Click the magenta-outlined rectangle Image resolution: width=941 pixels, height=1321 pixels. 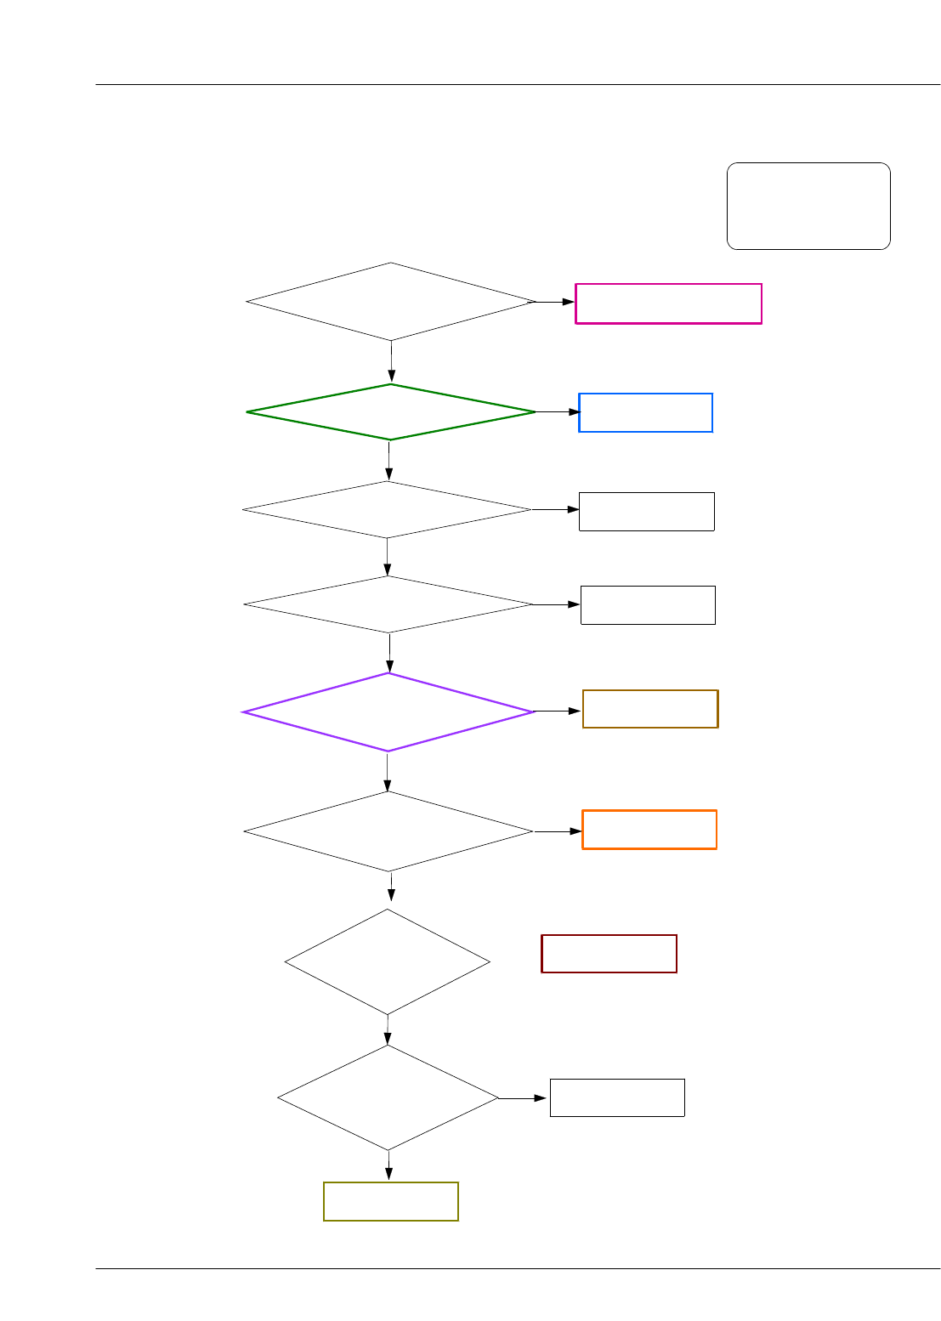coord(668,303)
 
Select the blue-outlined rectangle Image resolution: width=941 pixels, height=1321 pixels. coord(645,412)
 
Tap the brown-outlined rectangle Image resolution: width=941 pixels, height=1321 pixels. coord(650,709)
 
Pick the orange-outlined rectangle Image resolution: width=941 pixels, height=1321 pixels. coord(649,830)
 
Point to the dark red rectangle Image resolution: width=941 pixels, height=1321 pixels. coord(609,954)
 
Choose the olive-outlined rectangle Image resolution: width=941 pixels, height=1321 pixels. coord(391,1201)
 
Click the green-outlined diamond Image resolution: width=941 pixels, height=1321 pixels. coord(391,412)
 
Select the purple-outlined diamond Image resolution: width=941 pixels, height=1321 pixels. coord(388,712)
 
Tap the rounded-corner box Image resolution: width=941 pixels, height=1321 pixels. coord(808,206)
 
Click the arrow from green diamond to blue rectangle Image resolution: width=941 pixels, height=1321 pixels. coord(557,412)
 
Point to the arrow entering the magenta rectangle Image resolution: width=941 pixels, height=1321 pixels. coord(554,302)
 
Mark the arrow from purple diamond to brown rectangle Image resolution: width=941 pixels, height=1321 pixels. coord(558,711)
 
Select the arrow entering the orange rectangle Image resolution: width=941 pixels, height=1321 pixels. coord(558,831)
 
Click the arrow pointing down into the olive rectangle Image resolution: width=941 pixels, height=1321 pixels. coord(389,1165)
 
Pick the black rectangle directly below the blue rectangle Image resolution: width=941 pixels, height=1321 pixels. coord(646,512)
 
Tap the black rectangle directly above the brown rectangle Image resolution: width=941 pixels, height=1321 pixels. coord(648,605)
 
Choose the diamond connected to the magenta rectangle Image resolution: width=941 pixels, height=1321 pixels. coord(391,302)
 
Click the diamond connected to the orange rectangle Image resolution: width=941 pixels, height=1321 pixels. coord(388,831)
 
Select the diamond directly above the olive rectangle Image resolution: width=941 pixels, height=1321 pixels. coord(388,1097)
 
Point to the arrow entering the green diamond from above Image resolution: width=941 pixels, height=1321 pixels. coord(391,362)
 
